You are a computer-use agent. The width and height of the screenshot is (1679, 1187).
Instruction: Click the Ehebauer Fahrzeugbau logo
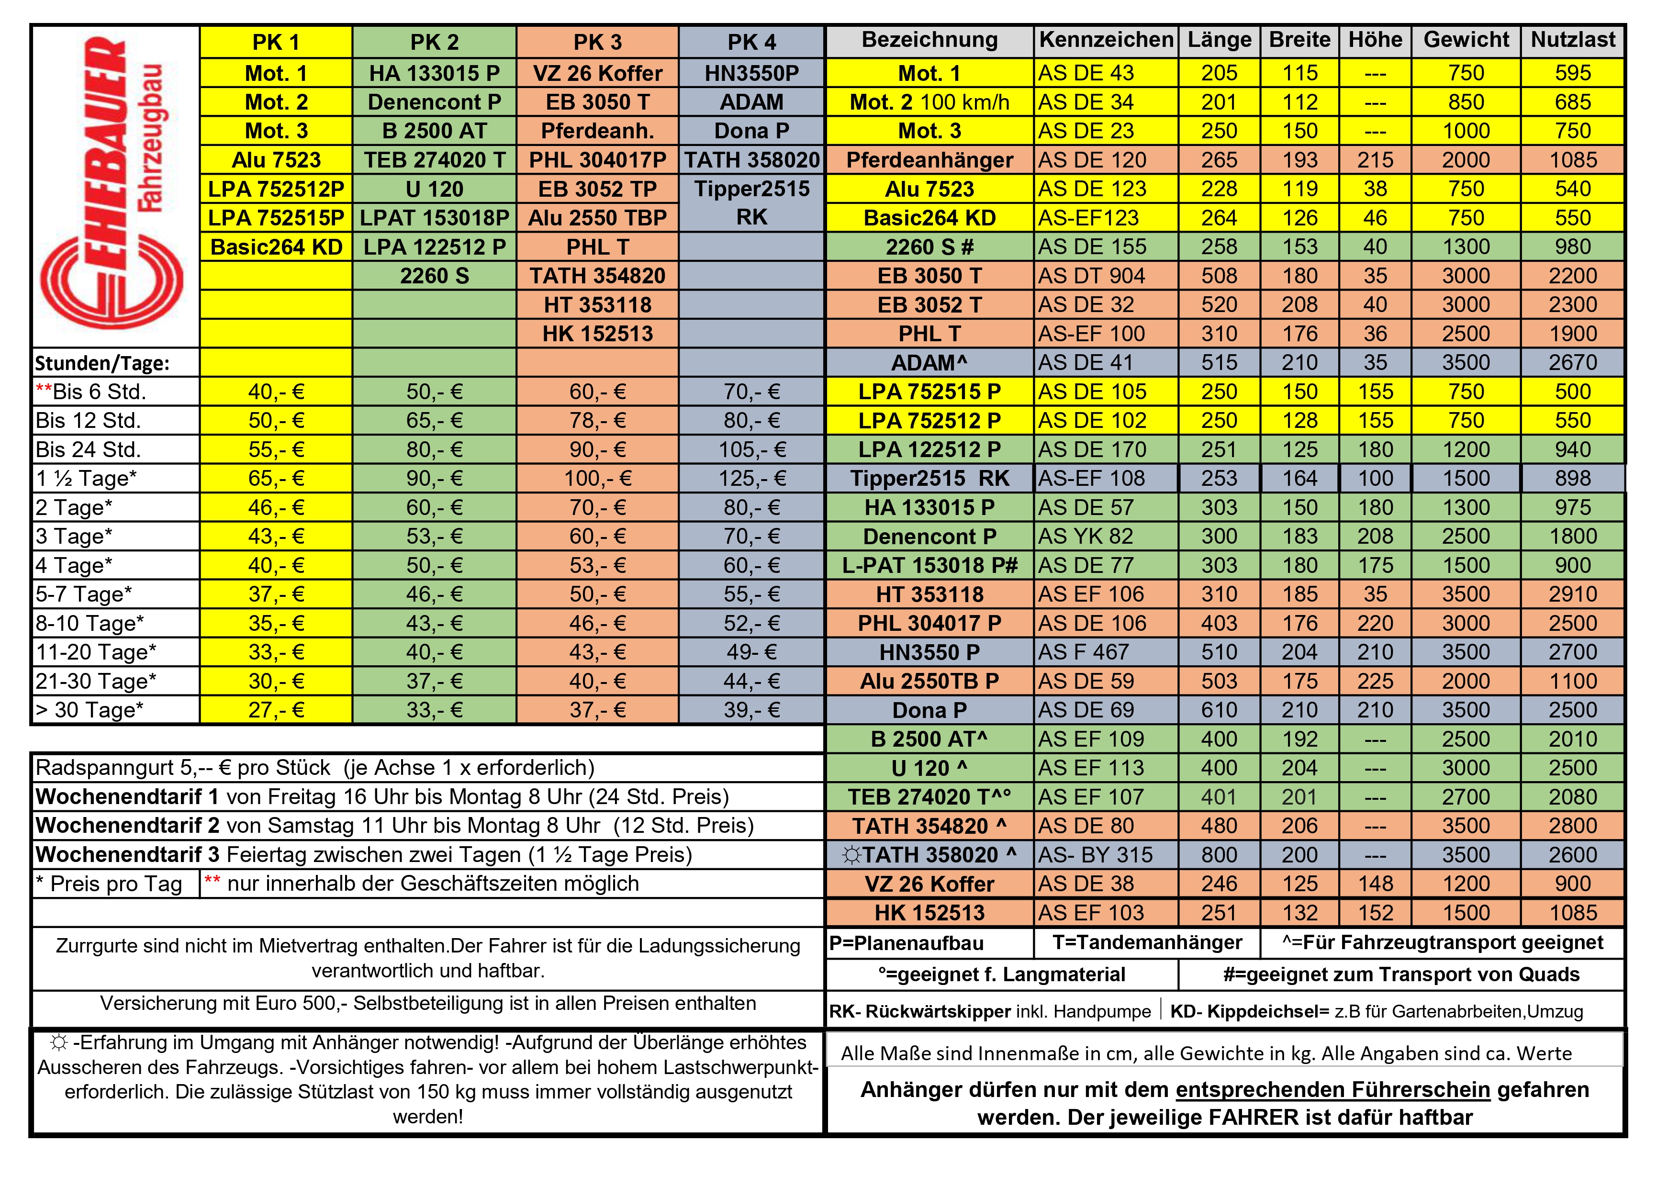[113, 187]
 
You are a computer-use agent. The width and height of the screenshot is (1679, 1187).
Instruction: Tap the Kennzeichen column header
[1106, 40]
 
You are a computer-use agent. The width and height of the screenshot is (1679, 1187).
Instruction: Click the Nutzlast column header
[1572, 40]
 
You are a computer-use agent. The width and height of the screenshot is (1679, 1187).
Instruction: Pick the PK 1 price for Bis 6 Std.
[276, 392]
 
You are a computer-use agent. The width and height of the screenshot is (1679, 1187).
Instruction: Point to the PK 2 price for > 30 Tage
[435, 710]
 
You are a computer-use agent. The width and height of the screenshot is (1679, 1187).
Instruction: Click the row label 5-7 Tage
[84, 594]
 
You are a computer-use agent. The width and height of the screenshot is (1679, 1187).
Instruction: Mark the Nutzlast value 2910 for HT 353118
[1572, 594]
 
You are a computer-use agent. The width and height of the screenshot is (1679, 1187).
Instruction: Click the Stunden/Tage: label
[102, 363]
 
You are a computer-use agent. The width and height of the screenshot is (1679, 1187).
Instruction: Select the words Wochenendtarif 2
[127, 826]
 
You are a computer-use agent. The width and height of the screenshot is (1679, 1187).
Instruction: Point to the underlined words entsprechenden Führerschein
[1332, 1090]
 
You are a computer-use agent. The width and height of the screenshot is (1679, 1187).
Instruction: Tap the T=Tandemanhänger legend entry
[1147, 943]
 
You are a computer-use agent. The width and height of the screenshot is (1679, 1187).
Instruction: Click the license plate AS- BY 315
[1095, 855]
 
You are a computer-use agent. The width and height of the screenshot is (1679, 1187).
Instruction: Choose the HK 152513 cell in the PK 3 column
[597, 334]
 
